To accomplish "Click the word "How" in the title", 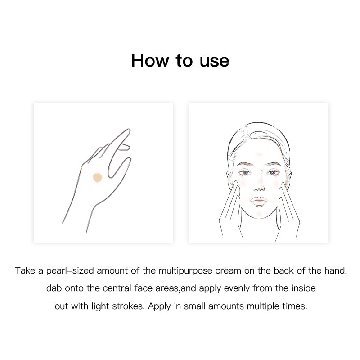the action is point(150,61).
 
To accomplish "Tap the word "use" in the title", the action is point(214,62).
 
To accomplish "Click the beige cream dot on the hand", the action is point(97,177).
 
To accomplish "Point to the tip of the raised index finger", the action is point(129,130).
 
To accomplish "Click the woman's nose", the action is point(259,184).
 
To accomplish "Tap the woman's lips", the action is point(259,201).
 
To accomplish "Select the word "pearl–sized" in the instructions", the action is point(70,271).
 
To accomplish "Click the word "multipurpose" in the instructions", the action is point(185,271).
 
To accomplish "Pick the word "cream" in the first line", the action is point(228,271).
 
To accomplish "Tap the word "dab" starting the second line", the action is point(54,288).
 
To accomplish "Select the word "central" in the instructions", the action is point(117,288).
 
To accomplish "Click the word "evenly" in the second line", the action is point(237,288).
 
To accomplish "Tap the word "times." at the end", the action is point(295,306).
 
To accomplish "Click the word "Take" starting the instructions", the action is point(25,270).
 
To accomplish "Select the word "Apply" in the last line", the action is point(159,306).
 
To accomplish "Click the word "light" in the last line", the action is point(100,306).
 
